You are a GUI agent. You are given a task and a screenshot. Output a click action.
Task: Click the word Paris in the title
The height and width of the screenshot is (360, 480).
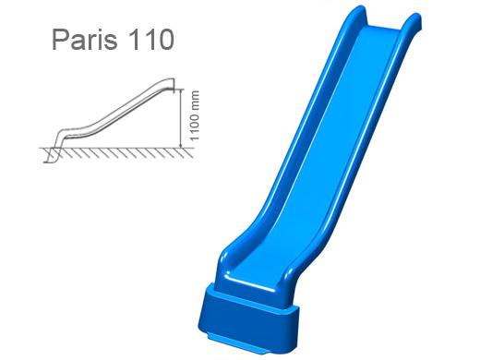85,40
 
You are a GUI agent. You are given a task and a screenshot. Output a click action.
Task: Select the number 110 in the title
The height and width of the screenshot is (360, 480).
151,40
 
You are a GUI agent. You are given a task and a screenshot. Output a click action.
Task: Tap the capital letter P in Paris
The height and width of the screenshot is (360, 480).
60,40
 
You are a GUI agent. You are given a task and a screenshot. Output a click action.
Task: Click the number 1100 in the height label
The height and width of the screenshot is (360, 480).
195,126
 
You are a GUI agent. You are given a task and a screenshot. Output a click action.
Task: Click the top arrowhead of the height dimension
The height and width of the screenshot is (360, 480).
181,92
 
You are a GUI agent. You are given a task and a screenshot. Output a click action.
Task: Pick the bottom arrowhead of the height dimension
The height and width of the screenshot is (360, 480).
181,145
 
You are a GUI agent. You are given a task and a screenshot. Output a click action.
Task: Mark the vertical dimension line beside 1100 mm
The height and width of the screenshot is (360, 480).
181,119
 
